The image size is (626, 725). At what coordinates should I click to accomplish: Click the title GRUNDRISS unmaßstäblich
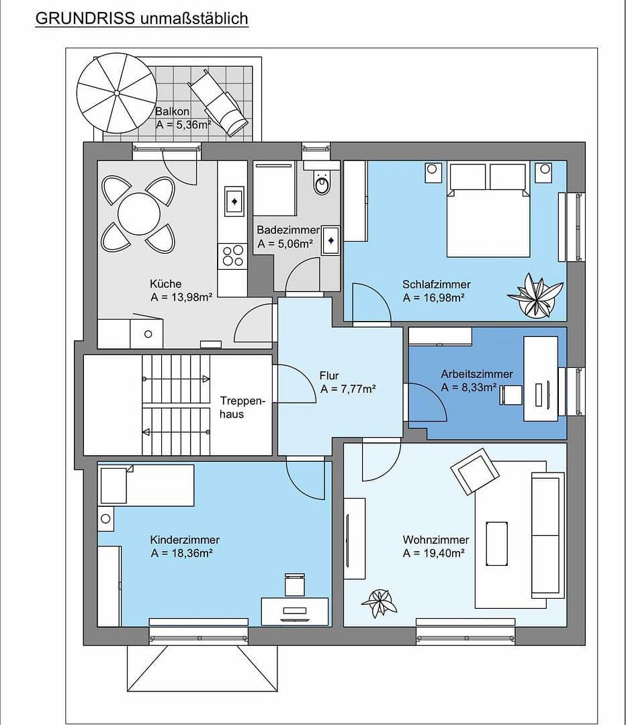tap(142, 18)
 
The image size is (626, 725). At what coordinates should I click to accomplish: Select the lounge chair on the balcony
tap(218, 103)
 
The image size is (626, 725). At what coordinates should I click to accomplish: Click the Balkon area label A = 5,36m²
tap(183, 124)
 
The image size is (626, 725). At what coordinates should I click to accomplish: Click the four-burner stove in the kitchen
tap(233, 255)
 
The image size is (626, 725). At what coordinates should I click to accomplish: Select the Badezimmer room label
tap(287, 230)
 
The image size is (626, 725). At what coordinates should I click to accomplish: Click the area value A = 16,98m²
tap(434, 297)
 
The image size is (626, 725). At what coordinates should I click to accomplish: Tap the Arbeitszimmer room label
tap(476, 374)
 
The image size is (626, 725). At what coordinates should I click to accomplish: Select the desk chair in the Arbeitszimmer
tap(510, 395)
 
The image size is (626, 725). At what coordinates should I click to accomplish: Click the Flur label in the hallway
tap(329, 376)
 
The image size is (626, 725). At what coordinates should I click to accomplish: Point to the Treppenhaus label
tap(242, 407)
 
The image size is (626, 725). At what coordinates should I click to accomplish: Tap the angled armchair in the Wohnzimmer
tap(476, 471)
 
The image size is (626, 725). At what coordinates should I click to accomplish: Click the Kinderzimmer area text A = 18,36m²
tap(182, 553)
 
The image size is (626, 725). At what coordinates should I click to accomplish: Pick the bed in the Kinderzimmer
tap(146, 485)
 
